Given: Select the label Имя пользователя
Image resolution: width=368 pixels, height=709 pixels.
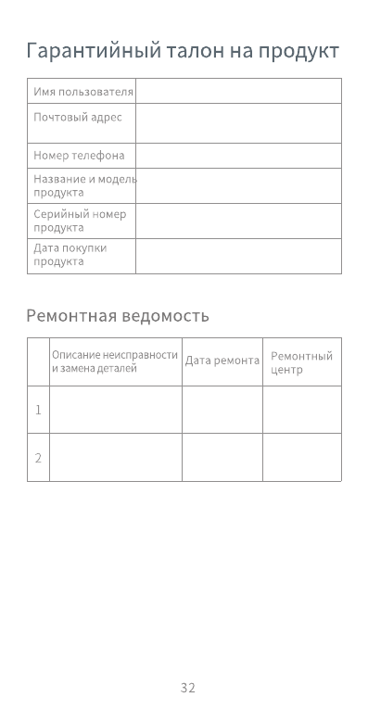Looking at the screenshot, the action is pos(83,92).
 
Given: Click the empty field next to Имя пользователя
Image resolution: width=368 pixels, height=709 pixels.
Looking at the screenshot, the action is pos(238,91).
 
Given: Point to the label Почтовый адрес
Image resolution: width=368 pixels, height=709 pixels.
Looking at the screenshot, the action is pos(78,118).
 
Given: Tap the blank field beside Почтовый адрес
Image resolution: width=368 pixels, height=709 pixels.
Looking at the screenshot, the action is pos(238,123).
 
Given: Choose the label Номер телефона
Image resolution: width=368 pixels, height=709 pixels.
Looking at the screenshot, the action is pos(79,156).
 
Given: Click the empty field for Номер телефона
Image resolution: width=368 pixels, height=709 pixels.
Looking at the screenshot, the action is pos(238,156).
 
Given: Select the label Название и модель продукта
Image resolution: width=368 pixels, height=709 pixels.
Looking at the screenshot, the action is pos(84,185).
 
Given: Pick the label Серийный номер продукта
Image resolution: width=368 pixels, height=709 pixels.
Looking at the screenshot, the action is pos(80,221).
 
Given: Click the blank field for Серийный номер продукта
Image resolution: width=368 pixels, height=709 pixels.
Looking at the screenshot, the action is pos(238,221).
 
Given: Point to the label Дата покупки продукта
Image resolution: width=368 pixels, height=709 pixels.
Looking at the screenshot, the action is pos(70,255).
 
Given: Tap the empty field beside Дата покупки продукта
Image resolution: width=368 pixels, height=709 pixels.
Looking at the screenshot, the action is pos(238,256).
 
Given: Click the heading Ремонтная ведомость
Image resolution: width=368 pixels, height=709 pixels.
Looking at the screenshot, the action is pos(118,316).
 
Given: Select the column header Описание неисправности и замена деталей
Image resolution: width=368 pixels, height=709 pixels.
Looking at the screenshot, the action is pos(114,361).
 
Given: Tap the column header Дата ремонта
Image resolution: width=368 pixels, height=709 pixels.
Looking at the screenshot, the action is pos(222,361).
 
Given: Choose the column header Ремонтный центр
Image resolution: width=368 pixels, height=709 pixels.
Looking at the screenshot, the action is pos(301,362).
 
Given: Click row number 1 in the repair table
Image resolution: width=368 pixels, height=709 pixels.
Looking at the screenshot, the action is pos(38,410).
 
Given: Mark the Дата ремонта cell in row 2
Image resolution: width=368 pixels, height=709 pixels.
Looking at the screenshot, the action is pos(222,458).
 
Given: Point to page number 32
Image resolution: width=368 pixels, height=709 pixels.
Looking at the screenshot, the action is pos(188,688).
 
